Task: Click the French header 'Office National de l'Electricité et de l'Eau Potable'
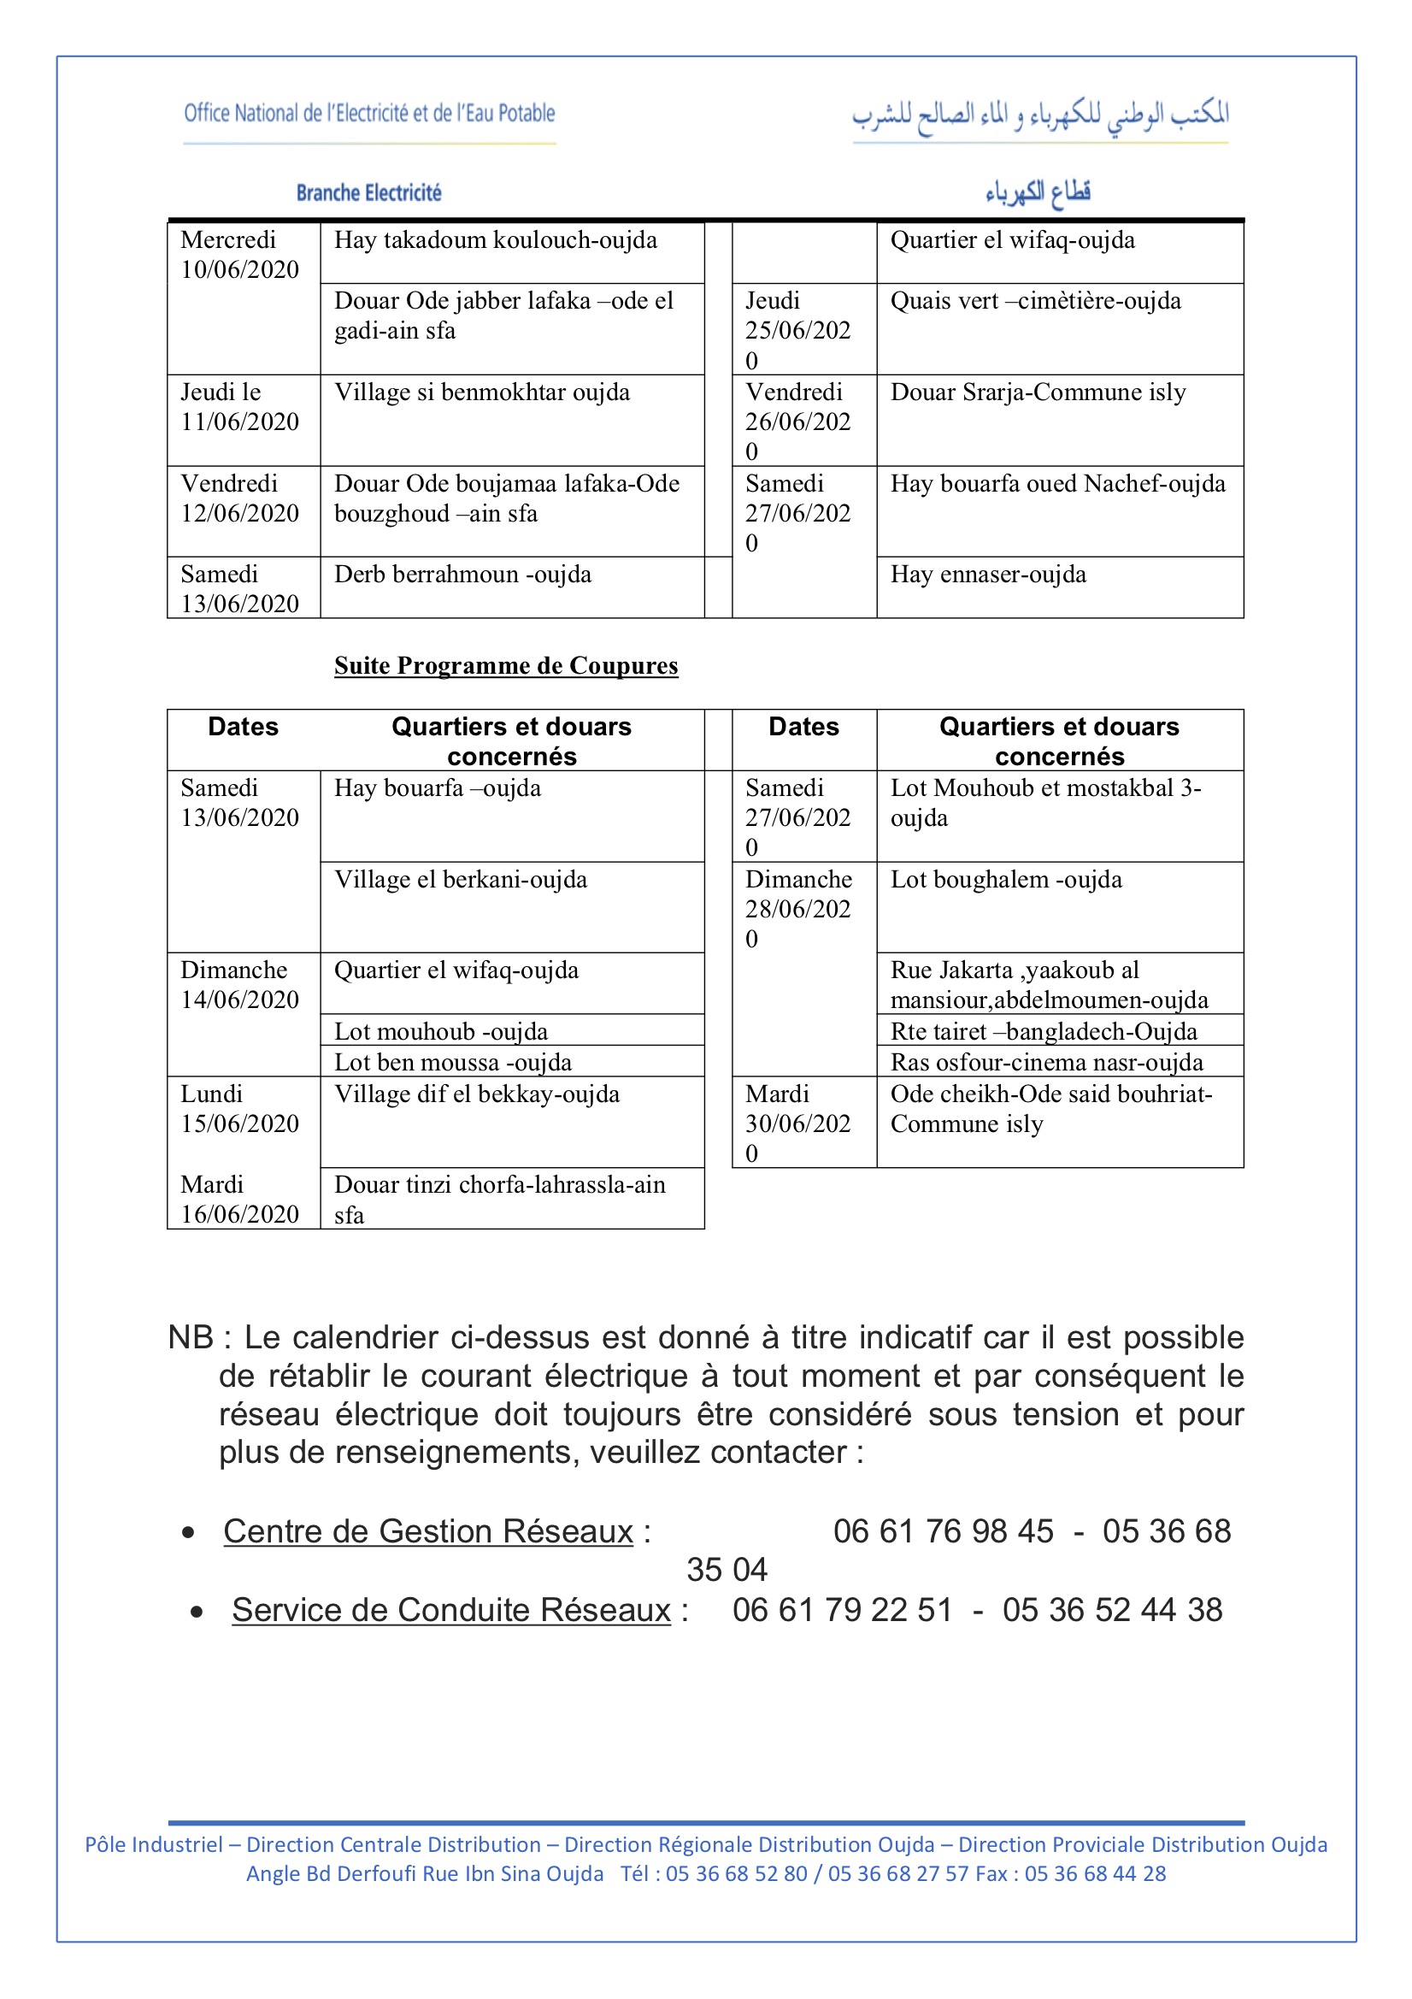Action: (x=369, y=113)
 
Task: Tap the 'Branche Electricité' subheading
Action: (x=369, y=192)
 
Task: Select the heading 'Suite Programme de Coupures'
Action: (x=506, y=666)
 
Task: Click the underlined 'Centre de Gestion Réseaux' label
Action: (x=428, y=1531)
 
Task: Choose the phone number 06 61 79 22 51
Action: (x=842, y=1610)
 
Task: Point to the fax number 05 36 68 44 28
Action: (x=1094, y=1873)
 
